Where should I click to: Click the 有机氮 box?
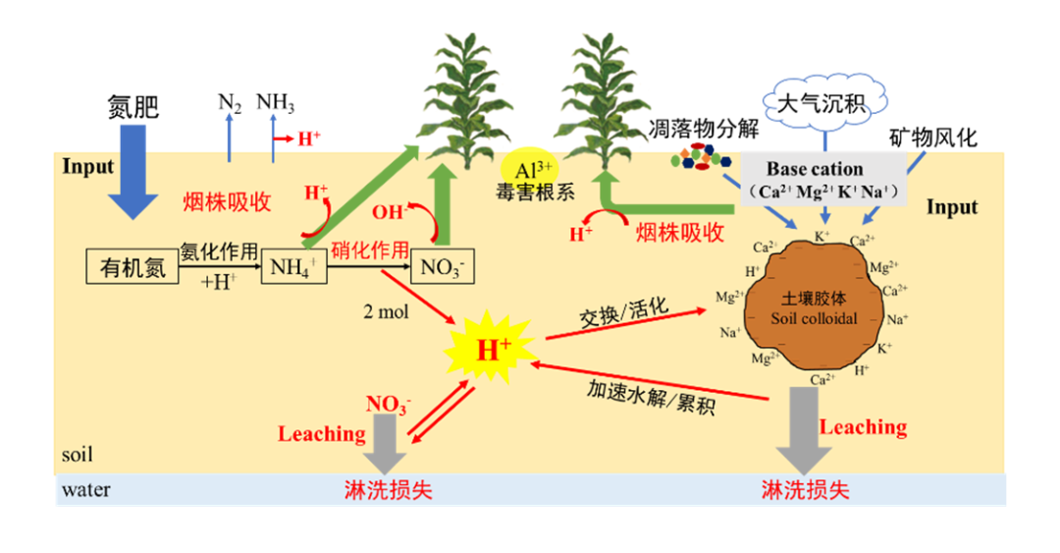[x=133, y=266]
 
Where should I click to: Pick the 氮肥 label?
[x=132, y=106]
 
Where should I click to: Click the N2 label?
[x=229, y=102]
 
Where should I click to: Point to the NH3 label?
[x=275, y=102]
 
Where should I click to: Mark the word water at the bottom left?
[x=85, y=489]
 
